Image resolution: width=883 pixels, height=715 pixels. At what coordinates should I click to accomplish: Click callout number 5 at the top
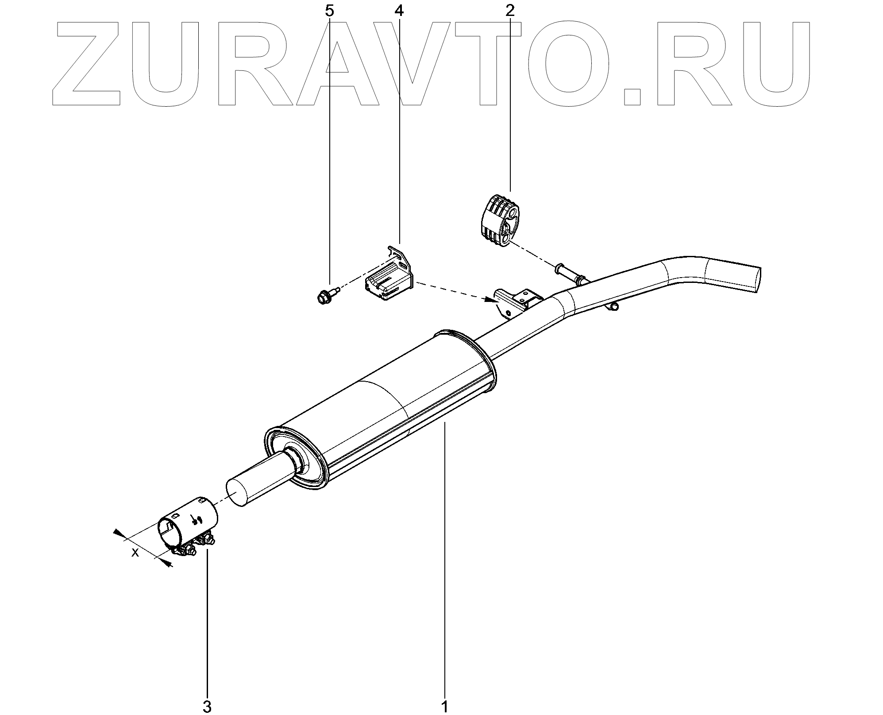coord(329,11)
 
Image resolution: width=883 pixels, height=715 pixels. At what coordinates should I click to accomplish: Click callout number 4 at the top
coord(399,11)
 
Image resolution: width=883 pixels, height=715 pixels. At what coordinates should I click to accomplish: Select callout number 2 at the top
coord(510,11)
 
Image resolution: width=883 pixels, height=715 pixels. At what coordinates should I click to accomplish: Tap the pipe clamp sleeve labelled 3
coord(189,524)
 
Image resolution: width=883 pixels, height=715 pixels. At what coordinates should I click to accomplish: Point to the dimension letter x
coord(135,553)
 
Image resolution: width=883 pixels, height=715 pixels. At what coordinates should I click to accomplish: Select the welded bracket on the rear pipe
coord(516,301)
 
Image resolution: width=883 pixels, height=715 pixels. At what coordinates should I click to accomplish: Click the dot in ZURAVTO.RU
coord(632,96)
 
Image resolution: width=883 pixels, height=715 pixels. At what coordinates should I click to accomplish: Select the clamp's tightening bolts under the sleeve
coord(195,547)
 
